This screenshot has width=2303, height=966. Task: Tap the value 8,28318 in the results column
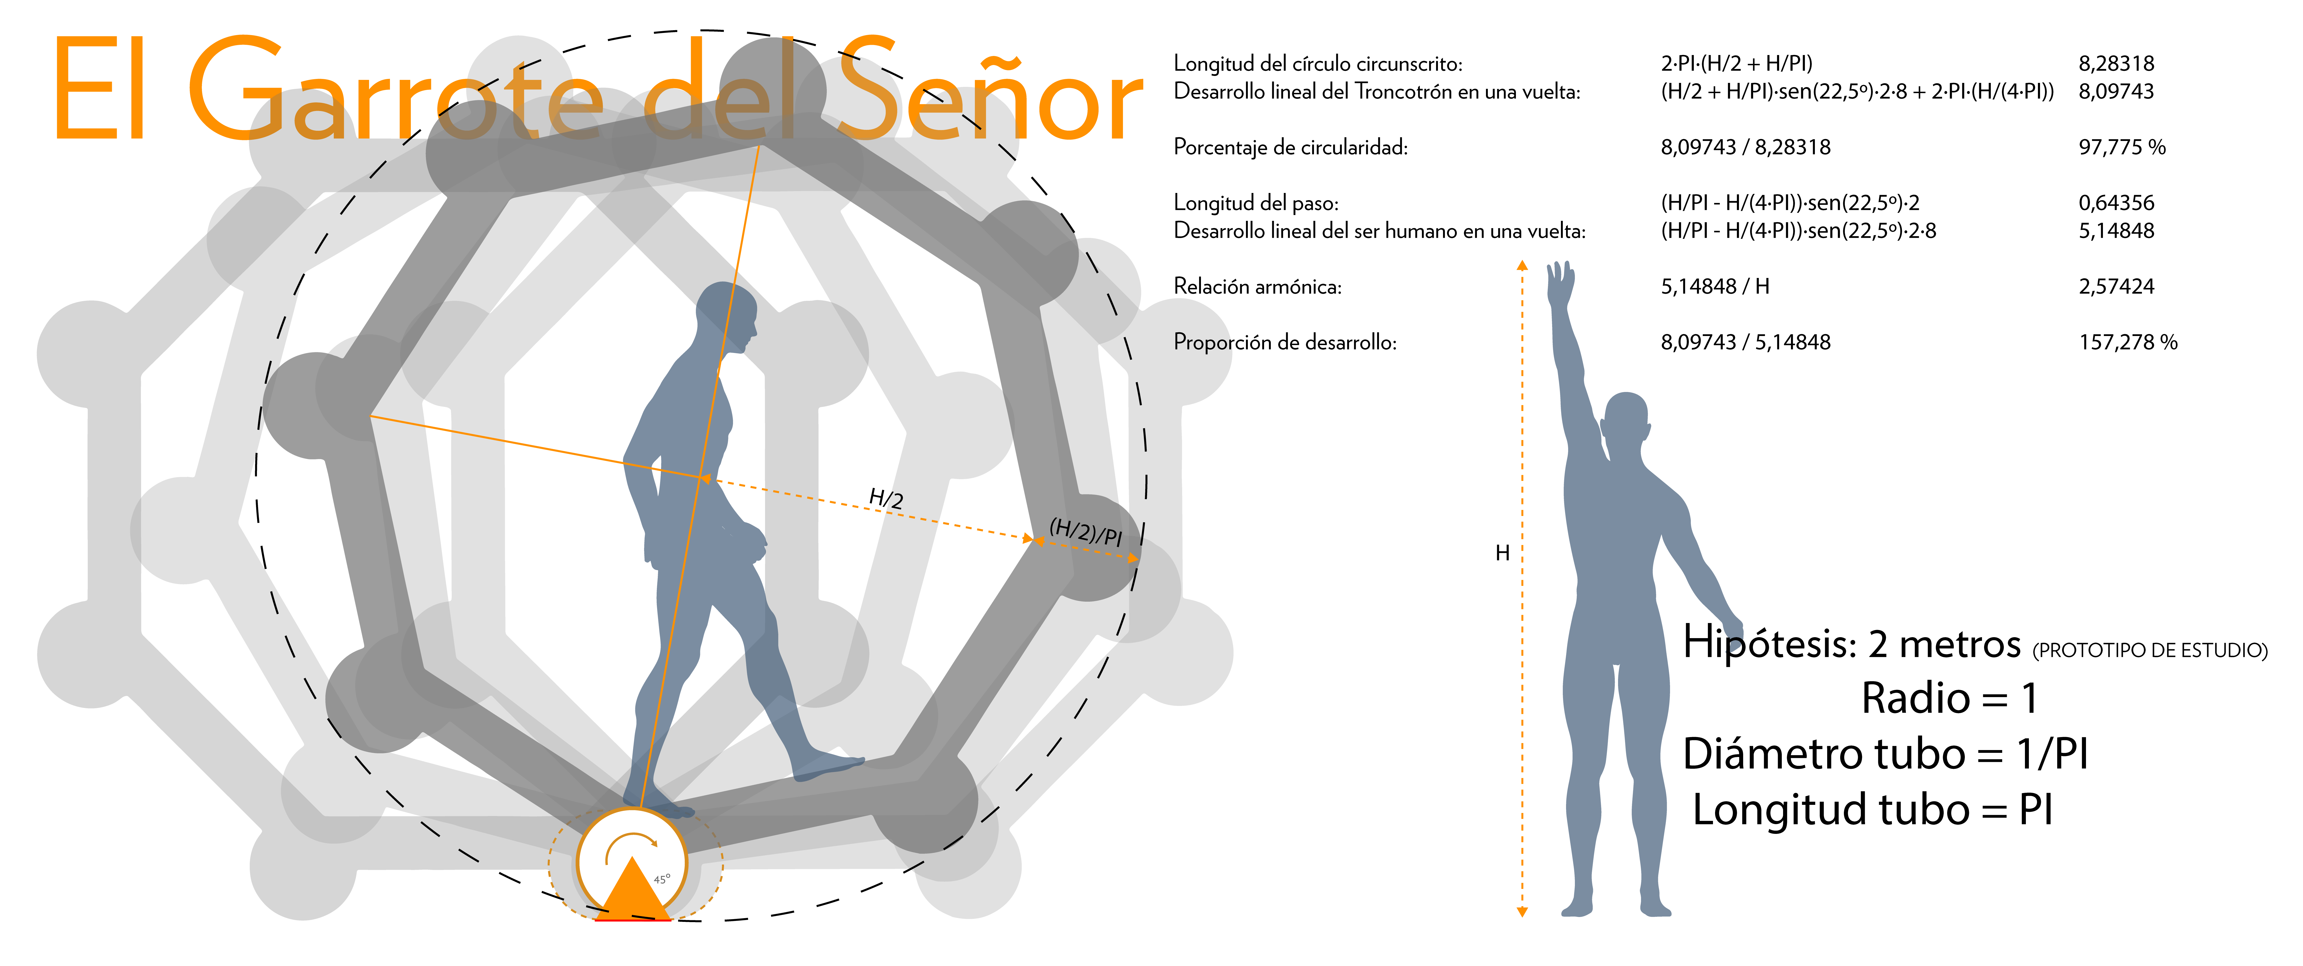pyautogui.click(x=2116, y=63)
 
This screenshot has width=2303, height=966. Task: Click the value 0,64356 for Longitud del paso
pyautogui.click(x=2116, y=203)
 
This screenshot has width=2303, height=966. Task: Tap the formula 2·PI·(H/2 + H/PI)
pyautogui.click(x=1736, y=63)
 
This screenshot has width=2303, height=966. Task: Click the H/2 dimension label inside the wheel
pyautogui.click(x=886, y=498)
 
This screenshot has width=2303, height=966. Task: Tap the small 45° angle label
pyautogui.click(x=662, y=879)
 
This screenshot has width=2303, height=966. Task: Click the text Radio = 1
pyautogui.click(x=1949, y=698)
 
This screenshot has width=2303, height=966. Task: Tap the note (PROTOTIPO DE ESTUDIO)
pyautogui.click(x=2150, y=650)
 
